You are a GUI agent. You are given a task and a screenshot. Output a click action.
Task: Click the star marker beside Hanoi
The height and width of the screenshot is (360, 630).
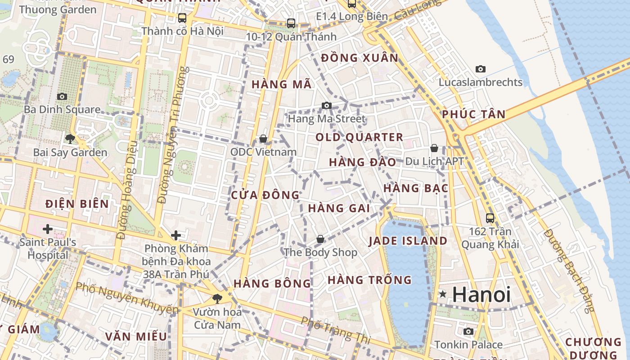[x=443, y=294]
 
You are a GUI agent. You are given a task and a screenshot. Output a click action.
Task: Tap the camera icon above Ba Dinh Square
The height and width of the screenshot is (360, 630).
[x=62, y=96]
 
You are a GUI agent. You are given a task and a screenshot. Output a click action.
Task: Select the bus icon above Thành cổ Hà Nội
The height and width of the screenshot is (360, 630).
[x=182, y=18]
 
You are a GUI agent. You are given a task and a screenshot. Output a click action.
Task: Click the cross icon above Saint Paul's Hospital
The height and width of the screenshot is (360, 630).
[x=47, y=229]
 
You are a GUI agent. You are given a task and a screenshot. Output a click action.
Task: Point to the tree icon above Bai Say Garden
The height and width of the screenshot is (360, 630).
[x=70, y=139]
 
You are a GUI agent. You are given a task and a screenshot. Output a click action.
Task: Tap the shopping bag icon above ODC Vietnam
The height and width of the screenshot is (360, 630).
[x=263, y=139]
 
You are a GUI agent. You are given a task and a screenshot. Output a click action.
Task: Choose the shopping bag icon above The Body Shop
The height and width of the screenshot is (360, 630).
[x=320, y=239]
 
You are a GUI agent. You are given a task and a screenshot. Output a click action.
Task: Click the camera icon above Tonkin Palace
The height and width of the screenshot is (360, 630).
[x=468, y=332]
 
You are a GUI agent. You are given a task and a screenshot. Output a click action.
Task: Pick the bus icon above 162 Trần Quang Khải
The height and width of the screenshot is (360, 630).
[x=490, y=218]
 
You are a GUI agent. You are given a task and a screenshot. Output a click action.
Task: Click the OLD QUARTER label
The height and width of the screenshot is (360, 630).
[x=359, y=137]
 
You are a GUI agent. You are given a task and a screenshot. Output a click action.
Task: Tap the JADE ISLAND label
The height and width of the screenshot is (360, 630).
[x=408, y=241]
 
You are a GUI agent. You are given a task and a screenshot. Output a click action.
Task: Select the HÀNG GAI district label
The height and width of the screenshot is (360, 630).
[x=339, y=208]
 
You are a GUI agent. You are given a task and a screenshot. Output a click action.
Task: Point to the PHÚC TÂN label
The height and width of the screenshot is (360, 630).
[x=473, y=114]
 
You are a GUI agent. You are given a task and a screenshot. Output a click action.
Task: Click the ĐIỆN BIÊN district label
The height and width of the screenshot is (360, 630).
[x=77, y=204]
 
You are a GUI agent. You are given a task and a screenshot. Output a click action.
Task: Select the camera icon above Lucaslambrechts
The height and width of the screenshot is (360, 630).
[x=481, y=69]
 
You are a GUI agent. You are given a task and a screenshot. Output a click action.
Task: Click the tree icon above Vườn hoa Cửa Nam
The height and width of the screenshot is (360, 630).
[x=217, y=298]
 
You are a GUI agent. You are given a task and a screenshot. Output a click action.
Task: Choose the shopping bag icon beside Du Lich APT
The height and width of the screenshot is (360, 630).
[x=434, y=148]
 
